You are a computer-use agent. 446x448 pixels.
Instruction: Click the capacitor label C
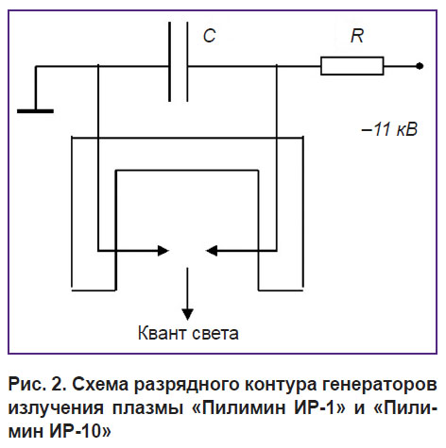pyautogui.click(x=210, y=36)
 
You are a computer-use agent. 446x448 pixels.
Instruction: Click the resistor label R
pyautogui.click(x=357, y=36)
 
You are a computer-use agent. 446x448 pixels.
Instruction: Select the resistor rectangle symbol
pyautogui.click(x=352, y=66)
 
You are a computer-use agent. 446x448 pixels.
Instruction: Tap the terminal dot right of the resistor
pyautogui.click(x=420, y=66)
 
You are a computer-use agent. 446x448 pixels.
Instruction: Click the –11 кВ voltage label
pyautogui.click(x=389, y=129)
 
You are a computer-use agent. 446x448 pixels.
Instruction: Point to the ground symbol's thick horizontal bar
pyautogui.click(x=35, y=111)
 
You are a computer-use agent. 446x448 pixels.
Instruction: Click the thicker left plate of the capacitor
pyautogui.click(x=170, y=61)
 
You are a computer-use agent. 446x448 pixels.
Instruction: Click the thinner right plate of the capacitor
pyautogui.click(x=187, y=61)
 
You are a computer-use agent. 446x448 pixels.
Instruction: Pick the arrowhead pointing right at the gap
pyautogui.click(x=163, y=251)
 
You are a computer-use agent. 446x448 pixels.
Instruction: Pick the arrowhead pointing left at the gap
pyautogui.click(x=211, y=251)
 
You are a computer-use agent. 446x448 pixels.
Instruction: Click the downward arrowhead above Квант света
pyautogui.click(x=187, y=314)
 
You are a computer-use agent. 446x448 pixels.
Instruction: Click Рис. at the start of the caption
pyautogui.click(x=26, y=384)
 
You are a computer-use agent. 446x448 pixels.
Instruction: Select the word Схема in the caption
pyautogui.click(x=100, y=384)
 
